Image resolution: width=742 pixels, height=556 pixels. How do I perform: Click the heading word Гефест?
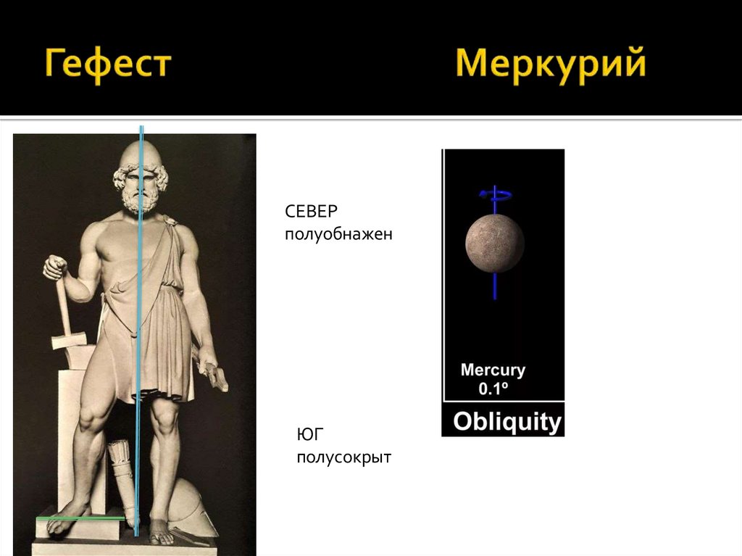coord(108,65)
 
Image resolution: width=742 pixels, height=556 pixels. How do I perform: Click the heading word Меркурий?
coord(550,65)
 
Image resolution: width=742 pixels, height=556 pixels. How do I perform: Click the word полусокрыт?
coord(343,458)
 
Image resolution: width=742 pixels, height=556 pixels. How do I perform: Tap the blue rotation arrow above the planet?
coord(493,193)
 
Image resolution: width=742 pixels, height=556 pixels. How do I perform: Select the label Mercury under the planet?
coord(493,370)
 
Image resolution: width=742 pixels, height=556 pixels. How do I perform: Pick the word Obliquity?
coord(507,422)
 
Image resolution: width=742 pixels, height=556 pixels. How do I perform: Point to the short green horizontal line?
coord(80,518)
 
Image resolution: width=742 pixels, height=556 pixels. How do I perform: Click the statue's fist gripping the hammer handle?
coord(55,267)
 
